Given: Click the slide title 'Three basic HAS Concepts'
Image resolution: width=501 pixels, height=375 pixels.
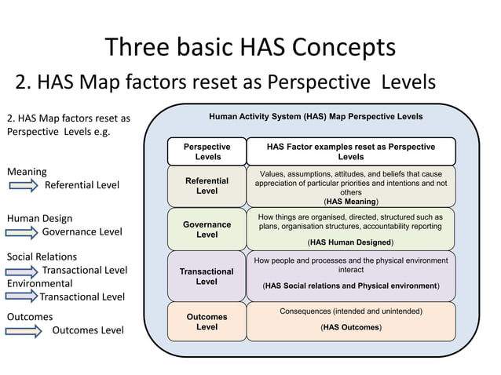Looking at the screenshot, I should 251,47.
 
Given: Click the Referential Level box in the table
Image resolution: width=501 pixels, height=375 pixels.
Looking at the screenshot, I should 207,186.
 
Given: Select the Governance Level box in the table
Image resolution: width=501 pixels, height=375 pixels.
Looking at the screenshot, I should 207,229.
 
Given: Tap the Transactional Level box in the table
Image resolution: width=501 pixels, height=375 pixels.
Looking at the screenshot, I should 207,276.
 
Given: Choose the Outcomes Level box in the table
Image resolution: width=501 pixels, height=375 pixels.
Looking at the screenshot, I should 207,322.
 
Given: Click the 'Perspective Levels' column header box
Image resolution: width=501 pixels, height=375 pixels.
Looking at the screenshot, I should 207,151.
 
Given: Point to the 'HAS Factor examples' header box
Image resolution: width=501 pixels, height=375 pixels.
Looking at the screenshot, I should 350,151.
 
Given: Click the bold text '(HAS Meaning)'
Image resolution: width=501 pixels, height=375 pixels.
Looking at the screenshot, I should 350,202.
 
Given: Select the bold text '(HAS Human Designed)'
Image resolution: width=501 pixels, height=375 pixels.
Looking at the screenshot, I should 350,242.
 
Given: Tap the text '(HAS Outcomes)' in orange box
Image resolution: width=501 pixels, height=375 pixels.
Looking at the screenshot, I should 350,326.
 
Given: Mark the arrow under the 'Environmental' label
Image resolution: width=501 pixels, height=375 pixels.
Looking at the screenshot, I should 22,297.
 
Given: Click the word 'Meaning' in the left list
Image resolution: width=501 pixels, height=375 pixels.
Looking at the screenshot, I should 27,171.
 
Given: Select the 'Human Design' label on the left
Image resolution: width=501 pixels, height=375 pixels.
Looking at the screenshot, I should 39,219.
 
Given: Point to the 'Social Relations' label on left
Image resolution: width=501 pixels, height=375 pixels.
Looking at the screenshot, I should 42,257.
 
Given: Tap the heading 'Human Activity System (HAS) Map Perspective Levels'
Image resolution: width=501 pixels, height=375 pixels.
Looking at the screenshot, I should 316,117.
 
